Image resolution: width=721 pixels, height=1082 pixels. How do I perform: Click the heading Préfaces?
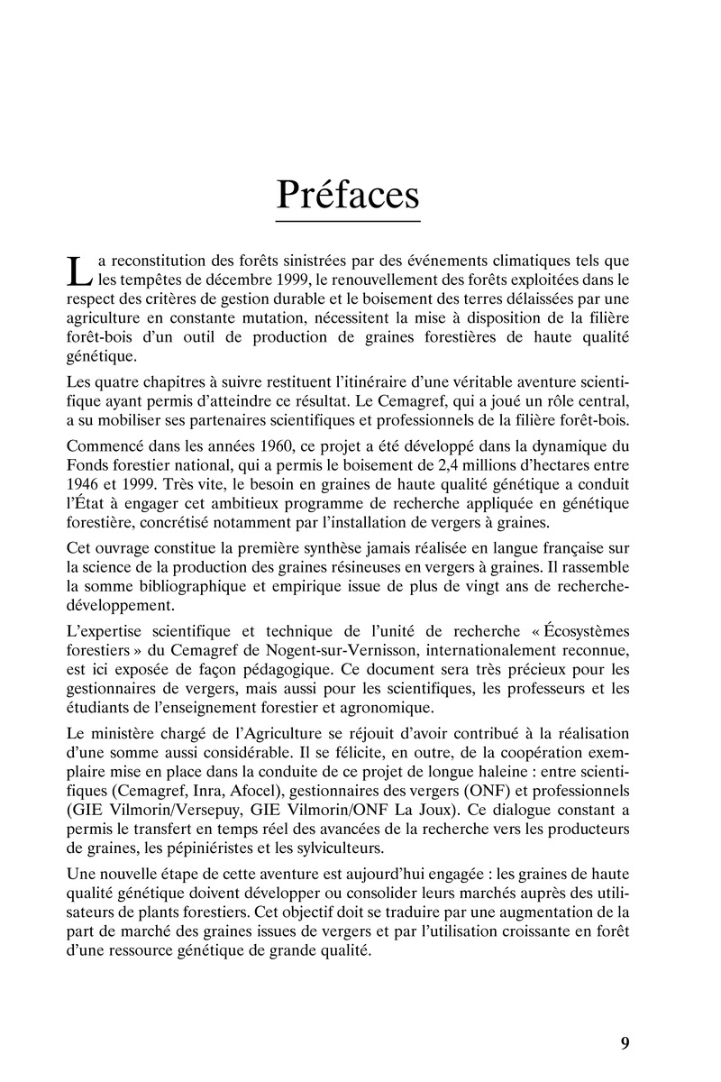tap(347, 193)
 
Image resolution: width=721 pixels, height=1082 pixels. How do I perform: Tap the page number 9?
tap(625, 1043)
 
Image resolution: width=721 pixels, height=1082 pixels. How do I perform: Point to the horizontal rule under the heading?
tap(347, 221)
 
